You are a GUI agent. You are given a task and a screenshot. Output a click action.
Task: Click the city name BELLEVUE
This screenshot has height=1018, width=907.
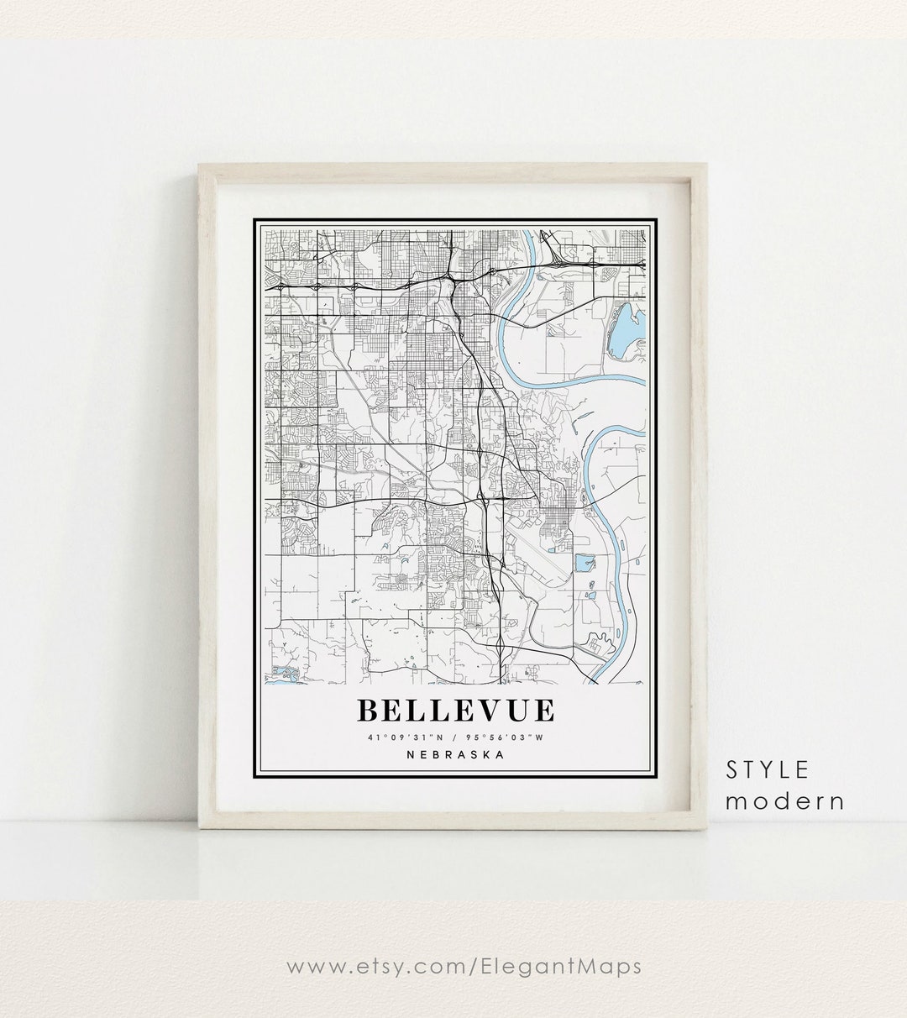(x=456, y=711)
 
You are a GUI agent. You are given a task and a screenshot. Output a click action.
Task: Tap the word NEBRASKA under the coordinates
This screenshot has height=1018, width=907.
(x=456, y=754)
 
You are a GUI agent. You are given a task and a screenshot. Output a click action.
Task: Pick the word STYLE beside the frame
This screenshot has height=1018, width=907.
(x=768, y=769)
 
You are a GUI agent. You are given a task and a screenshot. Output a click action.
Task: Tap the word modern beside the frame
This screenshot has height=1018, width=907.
(x=785, y=801)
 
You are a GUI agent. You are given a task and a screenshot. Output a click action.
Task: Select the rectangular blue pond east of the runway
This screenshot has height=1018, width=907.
(x=582, y=563)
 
